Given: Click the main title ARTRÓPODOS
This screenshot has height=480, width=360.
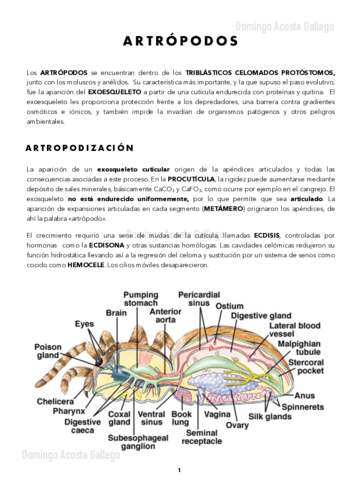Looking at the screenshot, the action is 179,43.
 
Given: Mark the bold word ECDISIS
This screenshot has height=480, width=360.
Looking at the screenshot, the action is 263,233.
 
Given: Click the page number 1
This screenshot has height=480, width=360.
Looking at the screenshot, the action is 179,467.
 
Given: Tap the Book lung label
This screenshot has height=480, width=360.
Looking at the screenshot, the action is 182,418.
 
